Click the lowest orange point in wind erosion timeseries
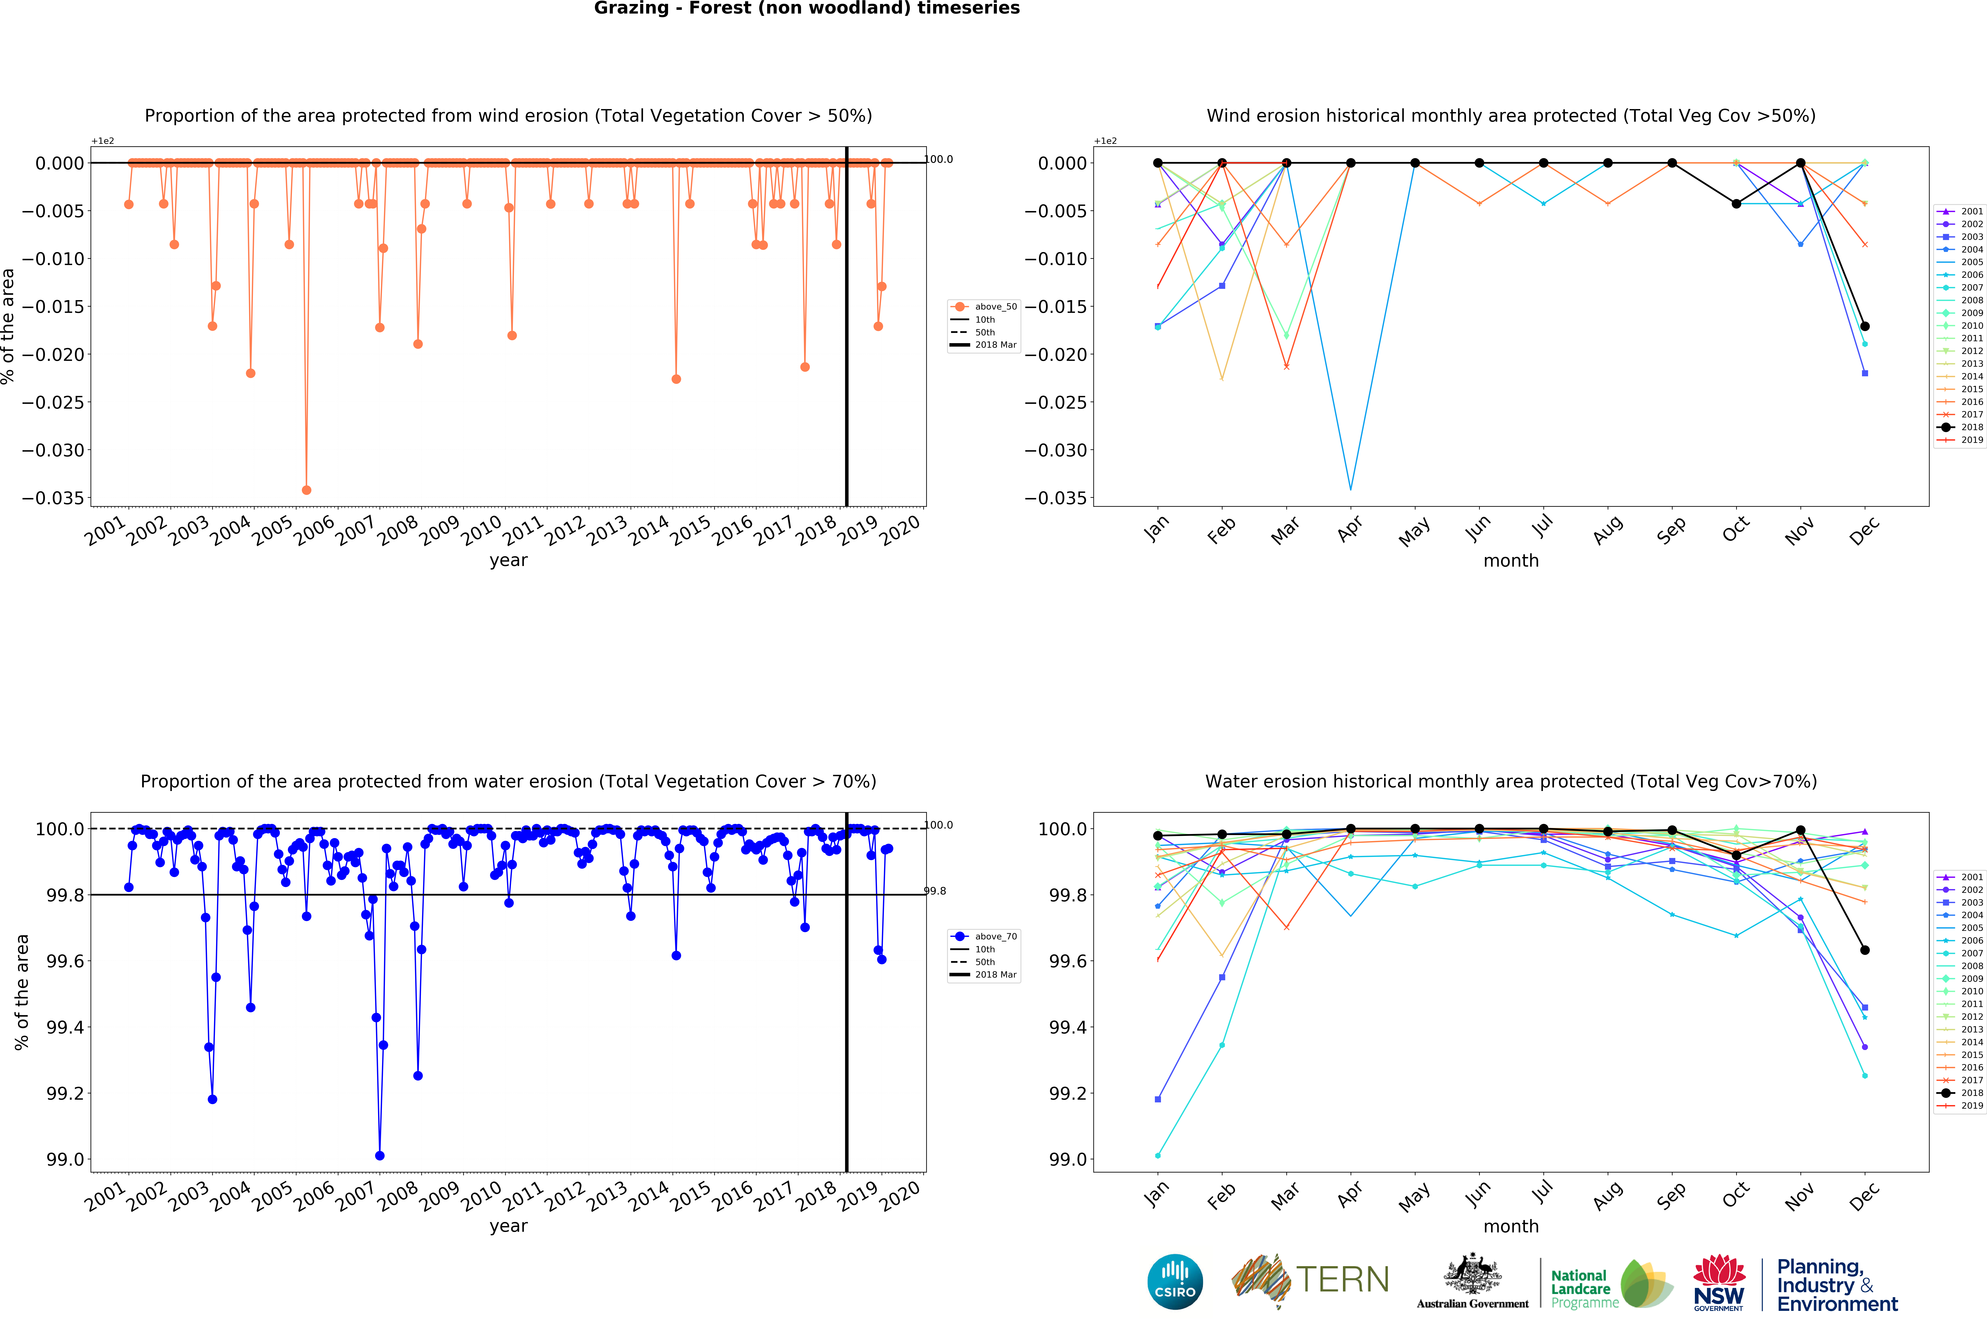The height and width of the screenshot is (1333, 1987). [307, 490]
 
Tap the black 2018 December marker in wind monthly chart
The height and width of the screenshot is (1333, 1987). [1865, 326]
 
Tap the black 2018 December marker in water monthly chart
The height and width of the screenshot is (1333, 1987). [1865, 950]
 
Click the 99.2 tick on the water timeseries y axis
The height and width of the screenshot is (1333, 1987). [65, 1093]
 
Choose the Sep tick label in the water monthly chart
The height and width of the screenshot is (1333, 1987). [1671, 1195]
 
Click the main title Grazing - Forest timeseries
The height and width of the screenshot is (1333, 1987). [806, 9]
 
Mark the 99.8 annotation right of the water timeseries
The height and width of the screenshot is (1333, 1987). [935, 891]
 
